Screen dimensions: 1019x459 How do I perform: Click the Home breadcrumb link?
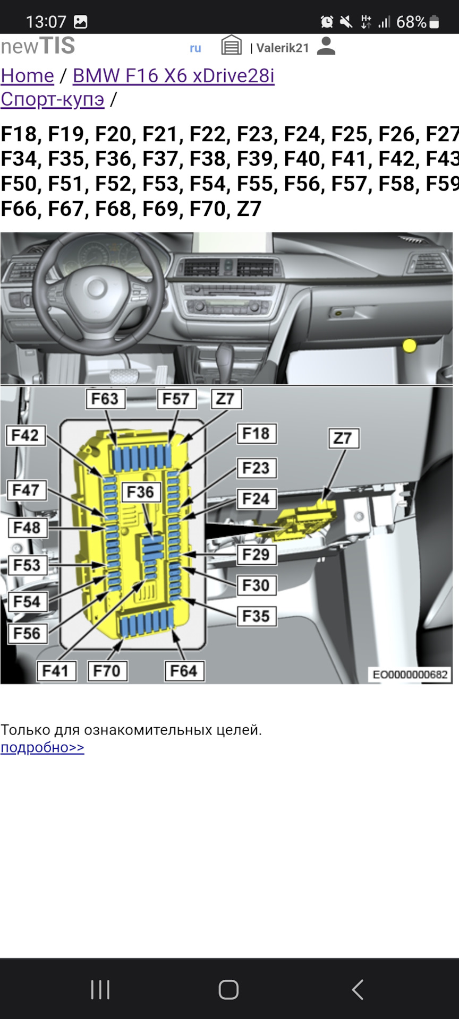[x=27, y=76]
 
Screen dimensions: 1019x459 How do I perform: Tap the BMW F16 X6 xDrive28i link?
[x=173, y=76]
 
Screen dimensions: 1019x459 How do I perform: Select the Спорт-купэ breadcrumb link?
[x=52, y=99]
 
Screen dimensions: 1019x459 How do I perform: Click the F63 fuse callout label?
[x=105, y=399]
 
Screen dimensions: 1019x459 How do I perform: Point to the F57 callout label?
[x=176, y=399]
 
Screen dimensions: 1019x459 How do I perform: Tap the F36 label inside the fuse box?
[x=140, y=492]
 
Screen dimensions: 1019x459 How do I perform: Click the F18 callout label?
[x=256, y=434]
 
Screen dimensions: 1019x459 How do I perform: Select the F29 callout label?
[x=256, y=555]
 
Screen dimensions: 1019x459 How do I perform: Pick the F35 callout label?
[x=256, y=616]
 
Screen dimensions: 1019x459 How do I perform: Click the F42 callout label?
[x=25, y=435]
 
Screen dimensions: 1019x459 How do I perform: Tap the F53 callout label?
[x=27, y=565]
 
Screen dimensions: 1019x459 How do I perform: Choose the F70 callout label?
[x=107, y=671]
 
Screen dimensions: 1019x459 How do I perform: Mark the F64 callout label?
[x=184, y=671]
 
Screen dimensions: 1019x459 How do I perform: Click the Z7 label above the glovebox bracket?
[x=343, y=438]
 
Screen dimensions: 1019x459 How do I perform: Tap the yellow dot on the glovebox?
[x=410, y=346]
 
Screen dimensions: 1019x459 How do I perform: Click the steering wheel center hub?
[x=96, y=288]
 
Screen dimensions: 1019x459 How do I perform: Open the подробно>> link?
[x=42, y=747]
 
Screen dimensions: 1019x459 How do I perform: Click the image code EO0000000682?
[x=410, y=675]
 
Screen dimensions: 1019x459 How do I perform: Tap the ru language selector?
[x=195, y=48]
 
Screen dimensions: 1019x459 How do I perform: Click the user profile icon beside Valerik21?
[x=326, y=47]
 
